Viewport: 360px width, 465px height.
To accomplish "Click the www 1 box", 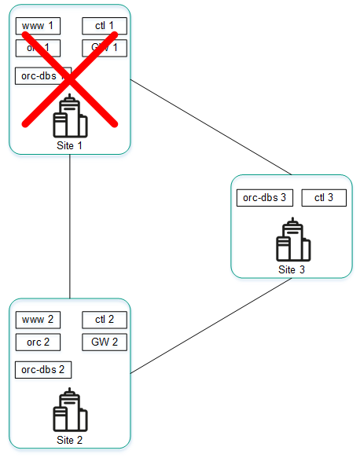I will coord(38,27).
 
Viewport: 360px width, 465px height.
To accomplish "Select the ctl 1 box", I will coord(105,27).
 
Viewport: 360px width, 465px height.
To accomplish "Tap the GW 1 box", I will coord(105,48).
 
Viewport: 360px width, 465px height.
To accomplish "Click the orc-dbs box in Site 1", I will coord(43,76).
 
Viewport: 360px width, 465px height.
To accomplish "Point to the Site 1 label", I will coord(69,145).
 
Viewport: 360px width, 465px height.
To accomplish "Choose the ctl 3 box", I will coord(324,198).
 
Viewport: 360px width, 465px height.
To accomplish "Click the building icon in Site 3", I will coord(293,240).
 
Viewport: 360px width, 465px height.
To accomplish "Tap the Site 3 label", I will coord(292,269).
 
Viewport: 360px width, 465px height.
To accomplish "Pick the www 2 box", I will coord(38,320).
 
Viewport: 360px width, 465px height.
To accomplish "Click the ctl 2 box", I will coord(105,320).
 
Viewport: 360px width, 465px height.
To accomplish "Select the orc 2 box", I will coord(38,342).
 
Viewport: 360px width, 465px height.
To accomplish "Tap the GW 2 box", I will coord(105,342).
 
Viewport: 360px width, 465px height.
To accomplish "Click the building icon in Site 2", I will coord(70,411).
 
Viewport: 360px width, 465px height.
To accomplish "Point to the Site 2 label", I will coord(69,440).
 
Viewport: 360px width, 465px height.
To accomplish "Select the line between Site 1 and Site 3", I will coord(211,127).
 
